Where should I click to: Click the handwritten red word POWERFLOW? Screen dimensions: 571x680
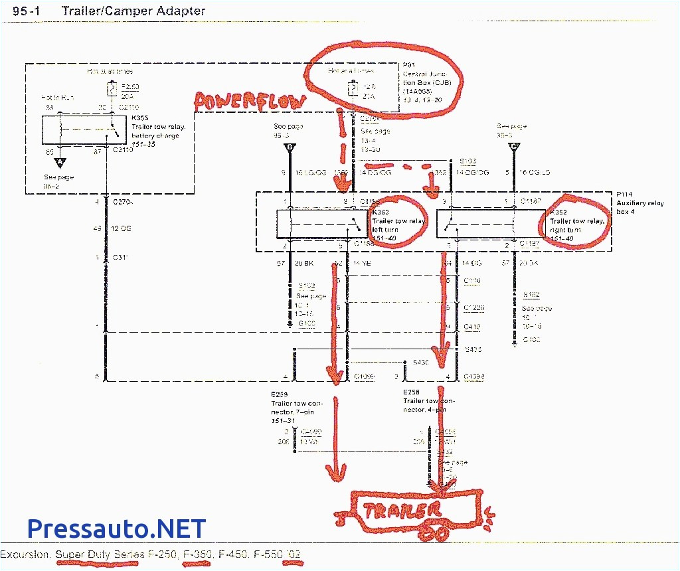(250, 101)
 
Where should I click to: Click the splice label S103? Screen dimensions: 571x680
(469, 161)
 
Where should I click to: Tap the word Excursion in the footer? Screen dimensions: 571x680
(25, 554)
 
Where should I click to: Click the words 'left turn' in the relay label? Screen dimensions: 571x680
(384, 230)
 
